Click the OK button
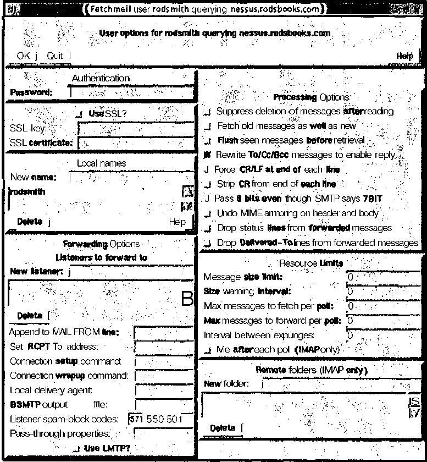pyautogui.click(x=24, y=56)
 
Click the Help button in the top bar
pyautogui.click(x=404, y=56)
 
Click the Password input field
pyautogui.click(x=132, y=92)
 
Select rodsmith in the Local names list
pyautogui.click(x=27, y=192)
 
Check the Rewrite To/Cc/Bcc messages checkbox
pyautogui.click(x=207, y=155)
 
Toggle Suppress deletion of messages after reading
pyautogui.click(x=207, y=112)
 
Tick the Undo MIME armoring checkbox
pyautogui.click(x=207, y=213)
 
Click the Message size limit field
pyautogui.click(x=385, y=277)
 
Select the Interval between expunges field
pyautogui.click(x=385, y=334)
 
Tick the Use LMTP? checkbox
pyautogui.click(x=77, y=449)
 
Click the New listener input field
pyautogui.click(x=132, y=272)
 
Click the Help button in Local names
pyautogui.click(x=177, y=222)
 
